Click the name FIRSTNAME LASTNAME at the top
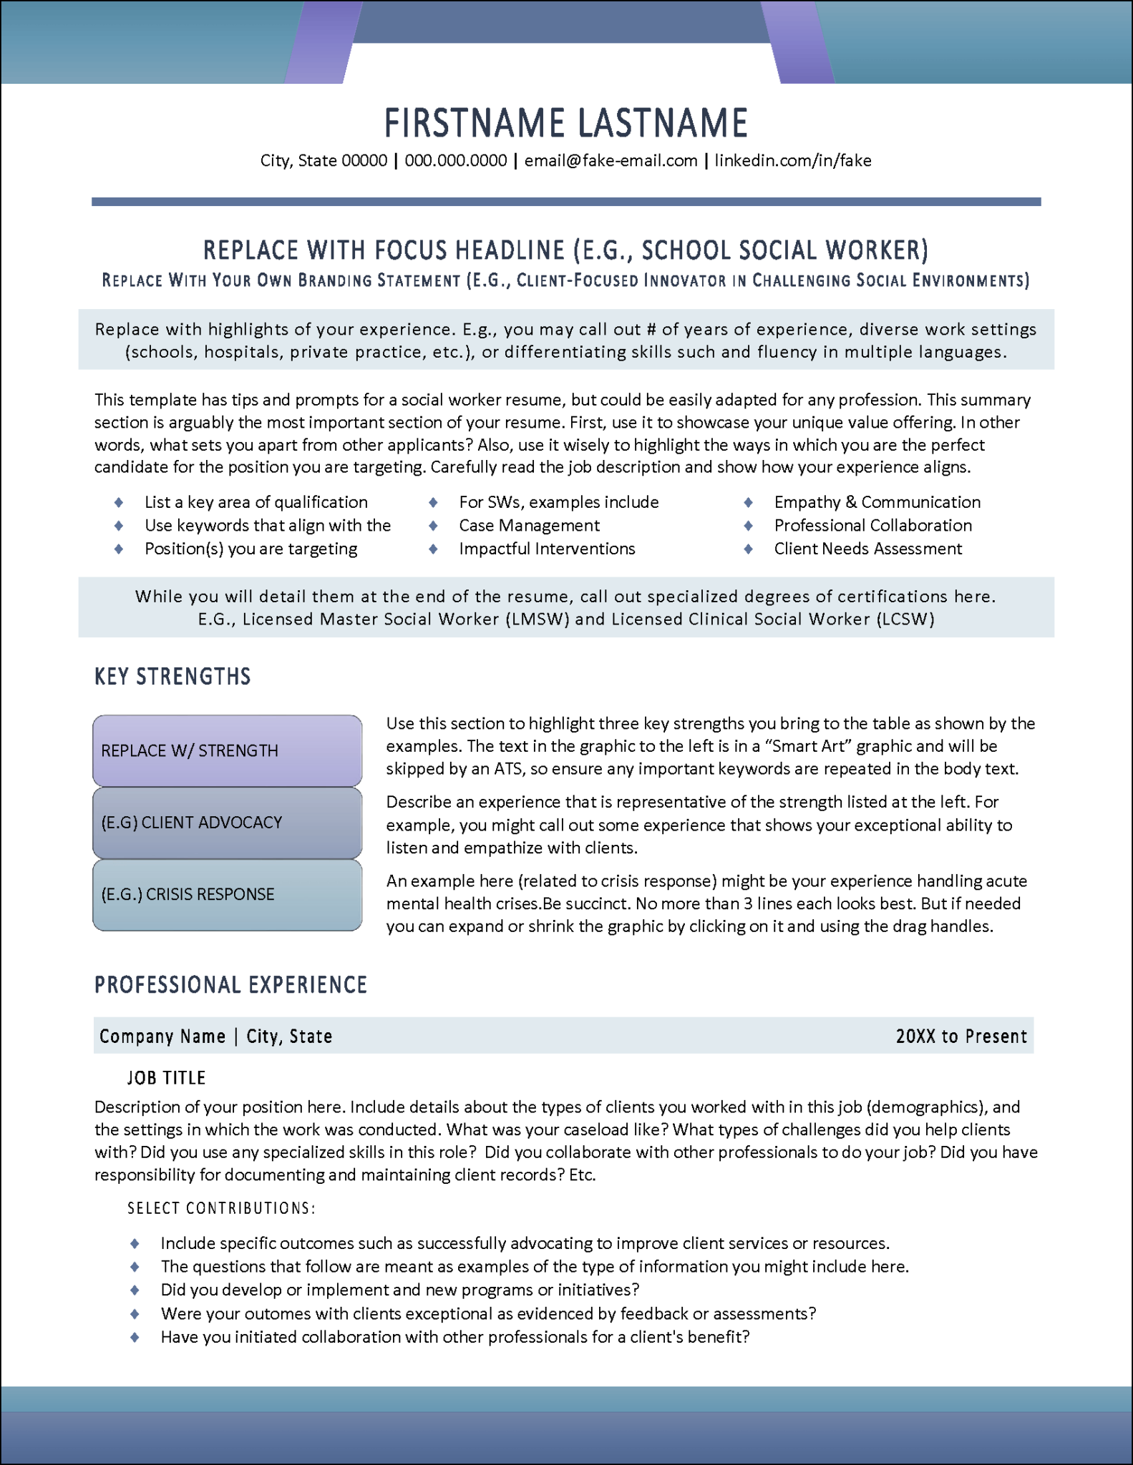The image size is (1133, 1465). pyautogui.click(x=565, y=122)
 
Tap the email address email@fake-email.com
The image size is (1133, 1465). pyautogui.click(x=611, y=161)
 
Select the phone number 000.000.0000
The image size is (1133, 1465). pyautogui.click(x=455, y=161)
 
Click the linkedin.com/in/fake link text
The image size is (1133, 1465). pyautogui.click(x=792, y=161)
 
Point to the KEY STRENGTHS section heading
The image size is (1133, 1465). pyautogui.click(x=172, y=677)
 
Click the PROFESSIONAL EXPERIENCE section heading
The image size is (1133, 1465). pyautogui.click(x=230, y=985)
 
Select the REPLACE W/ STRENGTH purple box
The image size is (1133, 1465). pyautogui.click(x=227, y=750)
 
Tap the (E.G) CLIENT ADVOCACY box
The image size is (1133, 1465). pyautogui.click(x=227, y=823)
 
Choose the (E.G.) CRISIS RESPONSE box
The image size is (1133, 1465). pyautogui.click(x=227, y=894)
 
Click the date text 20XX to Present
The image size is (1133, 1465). pyautogui.click(x=961, y=1037)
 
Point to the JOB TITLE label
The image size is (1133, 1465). pyautogui.click(x=166, y=1078)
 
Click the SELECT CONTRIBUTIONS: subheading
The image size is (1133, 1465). pyautogui.click(x=221, y=1208)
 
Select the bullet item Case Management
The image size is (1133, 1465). pyautogui.click(x=529, y=526)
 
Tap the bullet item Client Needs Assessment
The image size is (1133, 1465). pyautogui.click(x=867, y=549)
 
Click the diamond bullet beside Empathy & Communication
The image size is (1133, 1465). pyautogui.click(x=749, y=502)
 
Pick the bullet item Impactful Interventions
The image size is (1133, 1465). pyautogui.click(x=547, y=549)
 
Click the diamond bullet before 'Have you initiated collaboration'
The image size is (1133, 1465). pyautogui.click(x=135, y=1337)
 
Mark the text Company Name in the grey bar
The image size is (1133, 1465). pyautogui.click(x=162, y=1037)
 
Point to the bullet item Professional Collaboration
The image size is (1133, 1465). pyautogui.click(x=872, y=526)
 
